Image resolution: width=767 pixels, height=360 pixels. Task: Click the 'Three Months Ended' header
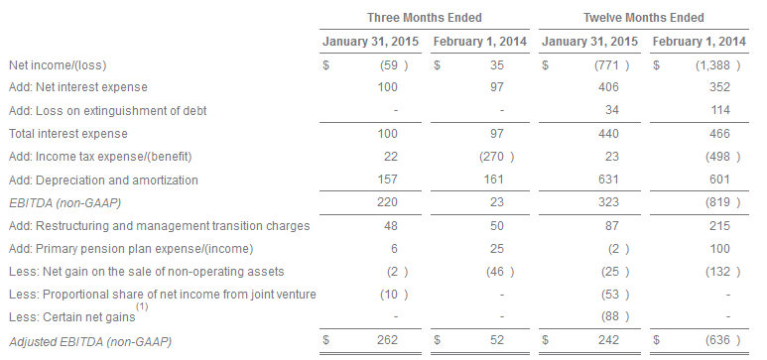point(424,18)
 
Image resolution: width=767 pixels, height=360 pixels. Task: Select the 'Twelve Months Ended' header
point(643,18)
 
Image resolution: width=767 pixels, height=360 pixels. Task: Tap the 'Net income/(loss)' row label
point(58,65)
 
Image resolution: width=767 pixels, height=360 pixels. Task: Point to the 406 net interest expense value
point(608,87)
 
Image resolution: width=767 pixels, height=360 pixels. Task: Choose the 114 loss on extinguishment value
point(720,110)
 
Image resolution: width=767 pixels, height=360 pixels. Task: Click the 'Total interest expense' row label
point(68,134)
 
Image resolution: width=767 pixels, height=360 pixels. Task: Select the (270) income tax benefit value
point(496,157)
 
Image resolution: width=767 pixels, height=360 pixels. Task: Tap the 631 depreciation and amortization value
point(608,180)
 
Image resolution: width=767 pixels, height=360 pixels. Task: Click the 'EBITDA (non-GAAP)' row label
point(65,202)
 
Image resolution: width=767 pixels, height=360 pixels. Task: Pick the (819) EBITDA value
point(722,202)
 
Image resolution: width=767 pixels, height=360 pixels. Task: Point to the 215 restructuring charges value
point(719,225)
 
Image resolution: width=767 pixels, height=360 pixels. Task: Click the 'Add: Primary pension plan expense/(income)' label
point(131,249)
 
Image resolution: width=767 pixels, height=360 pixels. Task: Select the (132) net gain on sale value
point(722,272)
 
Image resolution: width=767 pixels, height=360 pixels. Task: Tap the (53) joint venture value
point(615,295)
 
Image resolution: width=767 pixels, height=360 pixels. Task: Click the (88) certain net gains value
point(615,316)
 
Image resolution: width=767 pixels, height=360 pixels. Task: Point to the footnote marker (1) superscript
point(142,307)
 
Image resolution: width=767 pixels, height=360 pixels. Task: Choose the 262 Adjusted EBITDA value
point(387,340)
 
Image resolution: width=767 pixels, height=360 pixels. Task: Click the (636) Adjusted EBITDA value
point(722,340)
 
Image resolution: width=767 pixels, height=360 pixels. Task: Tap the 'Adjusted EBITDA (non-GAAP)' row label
point(90,342)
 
